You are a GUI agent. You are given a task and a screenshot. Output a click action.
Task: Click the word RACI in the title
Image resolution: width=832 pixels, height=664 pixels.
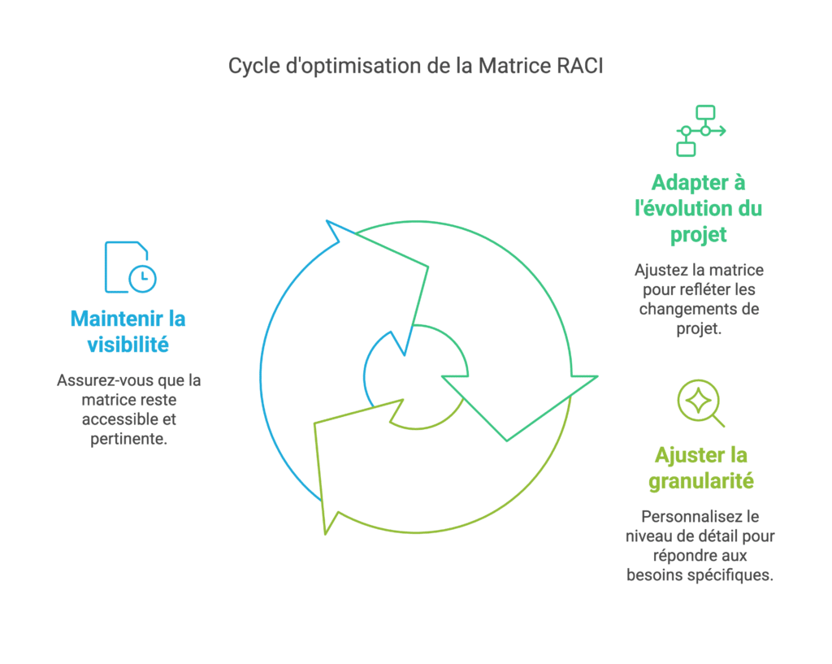click(580, 66)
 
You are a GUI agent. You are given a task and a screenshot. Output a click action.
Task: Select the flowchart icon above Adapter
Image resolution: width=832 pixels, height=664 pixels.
click(700, 131)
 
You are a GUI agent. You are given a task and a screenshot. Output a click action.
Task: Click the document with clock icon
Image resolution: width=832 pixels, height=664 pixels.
click(131, 267)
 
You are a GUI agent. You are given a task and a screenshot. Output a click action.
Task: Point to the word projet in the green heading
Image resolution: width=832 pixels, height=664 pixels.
click(698, 235)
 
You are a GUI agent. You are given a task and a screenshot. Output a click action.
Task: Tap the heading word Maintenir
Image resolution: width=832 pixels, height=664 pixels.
click(117, 319)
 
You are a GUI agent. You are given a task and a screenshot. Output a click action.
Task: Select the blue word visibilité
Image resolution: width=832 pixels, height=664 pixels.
click(128, 345)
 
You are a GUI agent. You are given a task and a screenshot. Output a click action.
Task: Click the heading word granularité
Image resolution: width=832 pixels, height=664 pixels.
click(701, 481)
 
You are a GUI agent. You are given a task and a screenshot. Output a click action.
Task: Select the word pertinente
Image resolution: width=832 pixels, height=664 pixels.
click(129, 440)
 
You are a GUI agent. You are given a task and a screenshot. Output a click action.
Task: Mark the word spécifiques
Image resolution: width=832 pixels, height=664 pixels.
click(743, 575)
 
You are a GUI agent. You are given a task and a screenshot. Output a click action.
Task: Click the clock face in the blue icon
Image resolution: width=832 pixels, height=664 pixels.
click(143, 278)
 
